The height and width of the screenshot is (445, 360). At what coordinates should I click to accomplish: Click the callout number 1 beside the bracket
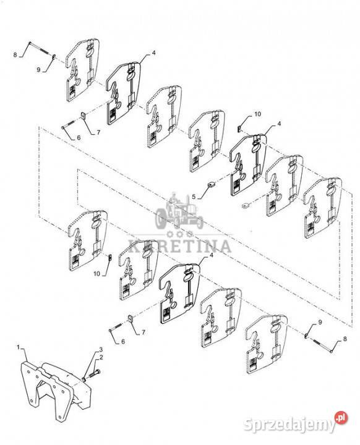point(18,347)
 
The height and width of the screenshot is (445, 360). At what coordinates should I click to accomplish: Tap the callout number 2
point(101,357)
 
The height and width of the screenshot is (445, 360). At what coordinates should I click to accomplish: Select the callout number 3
point(101,349)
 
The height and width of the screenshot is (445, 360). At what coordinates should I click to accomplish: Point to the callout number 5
point(194,197)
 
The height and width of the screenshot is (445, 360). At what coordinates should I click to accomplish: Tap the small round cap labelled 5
point(211,184)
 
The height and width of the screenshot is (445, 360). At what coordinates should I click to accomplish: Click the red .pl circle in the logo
point(341,417)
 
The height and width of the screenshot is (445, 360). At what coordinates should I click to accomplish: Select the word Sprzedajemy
point(290,425)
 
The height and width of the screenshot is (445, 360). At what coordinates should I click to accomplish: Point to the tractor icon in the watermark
point(179,211)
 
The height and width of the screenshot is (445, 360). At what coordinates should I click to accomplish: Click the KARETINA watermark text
point(180,246)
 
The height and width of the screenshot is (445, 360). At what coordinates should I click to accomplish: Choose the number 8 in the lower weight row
point(345,339)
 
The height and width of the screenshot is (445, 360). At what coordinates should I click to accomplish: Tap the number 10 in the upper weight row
point(257,114)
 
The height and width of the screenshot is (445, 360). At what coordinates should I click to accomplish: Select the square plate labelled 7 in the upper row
point(84,115)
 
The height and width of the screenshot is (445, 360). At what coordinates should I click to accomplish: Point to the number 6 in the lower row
point(123,341)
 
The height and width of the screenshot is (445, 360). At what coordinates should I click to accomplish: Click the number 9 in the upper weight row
point(38,69)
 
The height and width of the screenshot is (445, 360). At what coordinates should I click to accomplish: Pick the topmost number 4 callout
point(154,53)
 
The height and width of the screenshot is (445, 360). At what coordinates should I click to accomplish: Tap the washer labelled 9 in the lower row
point(306,336)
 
